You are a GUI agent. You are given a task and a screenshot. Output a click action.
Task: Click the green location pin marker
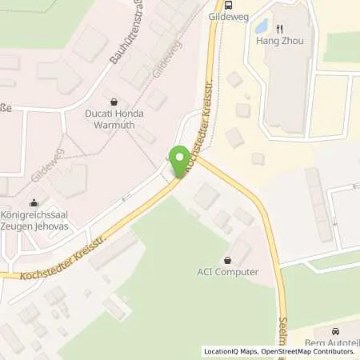click(180, 160)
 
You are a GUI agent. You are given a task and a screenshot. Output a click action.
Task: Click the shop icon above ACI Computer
click(230, 260)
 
